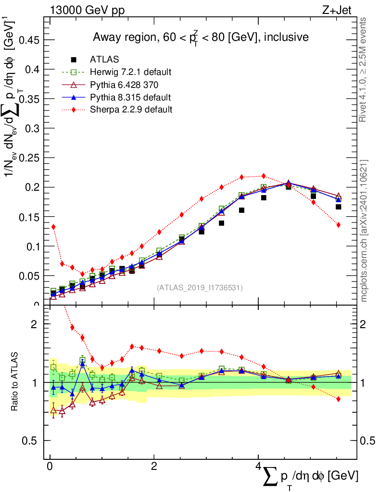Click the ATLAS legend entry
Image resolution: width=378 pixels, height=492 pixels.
pos(104,60)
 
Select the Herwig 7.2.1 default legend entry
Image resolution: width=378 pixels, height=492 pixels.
pos(130,72)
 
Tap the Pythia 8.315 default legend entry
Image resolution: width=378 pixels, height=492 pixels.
pos(130,97)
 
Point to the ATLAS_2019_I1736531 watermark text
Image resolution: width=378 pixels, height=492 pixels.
pos(200,288)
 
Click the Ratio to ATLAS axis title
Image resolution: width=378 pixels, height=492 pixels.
pos(15,381)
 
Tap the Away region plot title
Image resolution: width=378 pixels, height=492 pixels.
pos(201,37)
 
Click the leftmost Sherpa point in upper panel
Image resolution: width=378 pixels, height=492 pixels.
pos(53,227)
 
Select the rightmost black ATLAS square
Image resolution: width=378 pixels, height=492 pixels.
pos(338,207)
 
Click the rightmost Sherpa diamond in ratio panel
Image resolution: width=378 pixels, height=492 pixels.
pos(338,399)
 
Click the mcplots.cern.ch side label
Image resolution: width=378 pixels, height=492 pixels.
pos(364,231)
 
